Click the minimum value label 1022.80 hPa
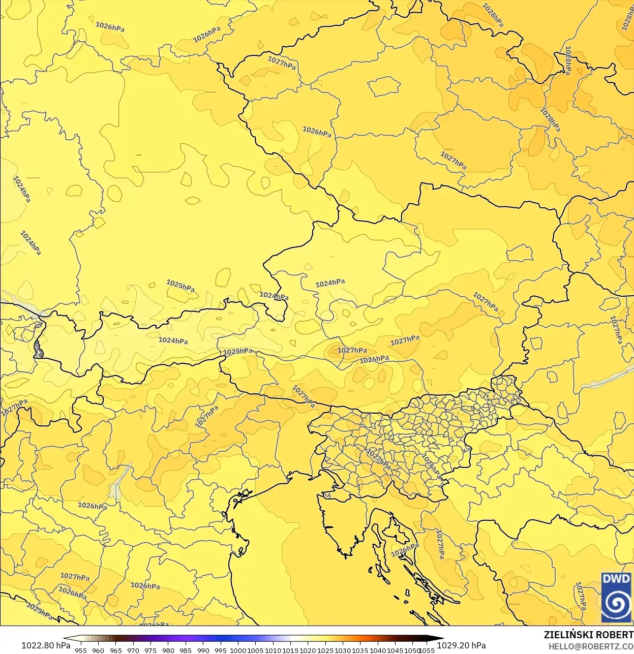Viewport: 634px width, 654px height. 46,645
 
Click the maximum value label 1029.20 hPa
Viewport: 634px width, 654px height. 461,645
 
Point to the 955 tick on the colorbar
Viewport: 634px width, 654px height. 81,650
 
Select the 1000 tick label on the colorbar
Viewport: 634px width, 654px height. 238,650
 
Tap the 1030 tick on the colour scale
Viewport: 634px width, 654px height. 343,650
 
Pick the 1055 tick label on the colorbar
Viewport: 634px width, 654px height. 427,650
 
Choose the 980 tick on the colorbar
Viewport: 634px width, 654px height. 168,650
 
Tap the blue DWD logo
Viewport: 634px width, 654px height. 616,597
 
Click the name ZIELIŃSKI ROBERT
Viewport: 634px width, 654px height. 588,635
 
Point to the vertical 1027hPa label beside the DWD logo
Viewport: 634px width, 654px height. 580,597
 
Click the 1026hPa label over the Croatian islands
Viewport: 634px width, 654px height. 405,549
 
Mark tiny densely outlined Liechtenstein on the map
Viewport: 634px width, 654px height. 38,349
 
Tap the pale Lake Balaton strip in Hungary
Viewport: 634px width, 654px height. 608,377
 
